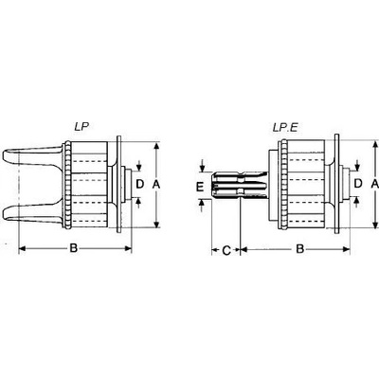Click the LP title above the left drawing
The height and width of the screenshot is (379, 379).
pyautogui.click(x=81, y=127)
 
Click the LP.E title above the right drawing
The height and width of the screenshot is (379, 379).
pyautogui.click(x=285, y=127)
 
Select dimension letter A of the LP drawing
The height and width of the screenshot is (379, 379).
pyautogui.click(x=156, y=184)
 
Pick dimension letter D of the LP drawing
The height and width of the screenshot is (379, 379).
pyautogui.click(x=139, y=184)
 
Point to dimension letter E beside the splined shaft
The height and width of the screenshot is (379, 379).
pyautogui.click(x=200, y=187)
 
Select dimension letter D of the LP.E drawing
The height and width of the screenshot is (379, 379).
pyautogui.click(x=358, y=183)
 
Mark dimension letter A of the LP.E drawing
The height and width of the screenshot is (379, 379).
pyautogui.click(x=374, y=184)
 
